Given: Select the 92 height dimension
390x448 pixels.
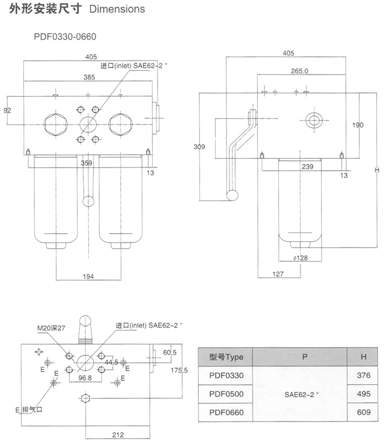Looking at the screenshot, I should (x=8, y=110).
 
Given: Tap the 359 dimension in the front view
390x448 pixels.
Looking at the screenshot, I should (x=87, y=163).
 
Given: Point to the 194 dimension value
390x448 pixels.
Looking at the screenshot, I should (x=88, y=277).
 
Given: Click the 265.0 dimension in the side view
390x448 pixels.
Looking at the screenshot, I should (x=300, y=71).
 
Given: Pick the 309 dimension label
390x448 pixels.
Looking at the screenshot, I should (x=199, y=147).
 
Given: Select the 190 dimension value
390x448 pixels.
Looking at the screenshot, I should (x=357, y=125).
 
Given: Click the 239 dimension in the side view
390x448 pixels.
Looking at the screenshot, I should (x=307, y=166).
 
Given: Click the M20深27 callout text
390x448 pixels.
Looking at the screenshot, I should (x=51, y=328).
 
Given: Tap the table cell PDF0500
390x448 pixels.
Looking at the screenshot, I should (x=226, y=393).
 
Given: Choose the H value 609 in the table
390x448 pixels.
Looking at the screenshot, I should (x=364, y=412).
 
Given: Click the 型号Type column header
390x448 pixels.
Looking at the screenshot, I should (x=226, y=357).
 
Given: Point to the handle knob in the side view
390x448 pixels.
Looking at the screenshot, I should (x=232, y=195).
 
